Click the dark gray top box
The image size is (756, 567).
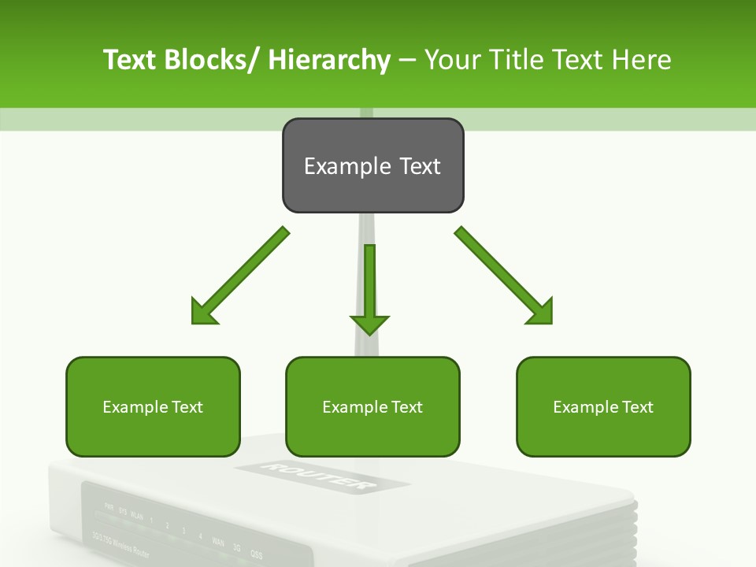click(372, 165)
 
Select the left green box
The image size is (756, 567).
click(153, 406)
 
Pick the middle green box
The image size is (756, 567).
click(372, 406)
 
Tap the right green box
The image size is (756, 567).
click(603, 406)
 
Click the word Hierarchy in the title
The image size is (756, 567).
click(329, 60)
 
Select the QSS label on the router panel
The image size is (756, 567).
click(256, 554)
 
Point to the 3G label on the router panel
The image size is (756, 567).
click(237, 548)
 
